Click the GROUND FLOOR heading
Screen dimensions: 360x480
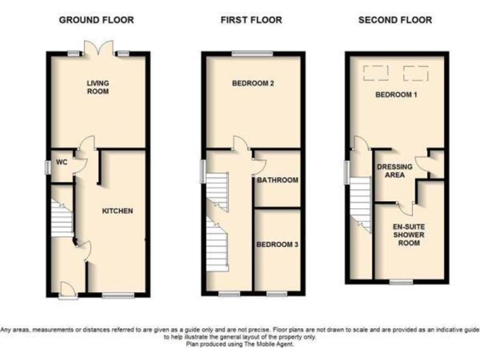[x=96, y=20]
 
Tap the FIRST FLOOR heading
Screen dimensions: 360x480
[x=251, y=20]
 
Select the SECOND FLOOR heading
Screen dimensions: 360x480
[x=395, y=20]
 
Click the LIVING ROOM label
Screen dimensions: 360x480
[x=97, y=87]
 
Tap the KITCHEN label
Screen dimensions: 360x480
[x=117, y=211]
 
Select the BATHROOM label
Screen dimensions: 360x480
[x=277, y=180]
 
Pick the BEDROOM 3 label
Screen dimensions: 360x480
[x=277, y=244]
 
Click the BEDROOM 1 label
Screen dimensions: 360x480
[x=396, y=95]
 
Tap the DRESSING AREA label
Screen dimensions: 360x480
[x=394, y=171]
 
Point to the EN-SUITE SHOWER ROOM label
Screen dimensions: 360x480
[x=409, y=234]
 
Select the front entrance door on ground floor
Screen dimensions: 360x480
[x=69, y=290]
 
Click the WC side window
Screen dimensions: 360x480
[x=47, y=168]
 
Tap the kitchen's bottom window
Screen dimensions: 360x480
[x=114, y=294]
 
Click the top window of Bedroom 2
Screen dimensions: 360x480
[x=252, y=53]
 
